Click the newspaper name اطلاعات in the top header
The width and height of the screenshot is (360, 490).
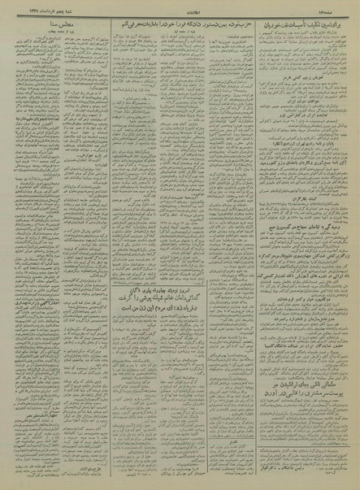180,10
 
